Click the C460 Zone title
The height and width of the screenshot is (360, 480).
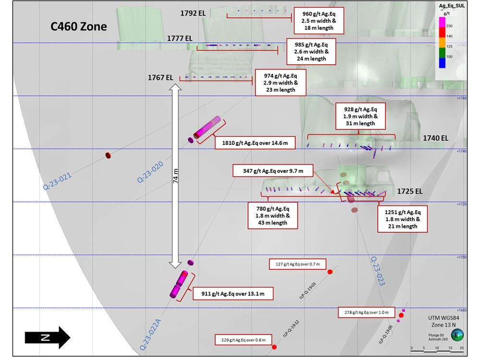click(79, 27)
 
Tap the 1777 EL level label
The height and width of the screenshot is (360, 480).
click(180, 38)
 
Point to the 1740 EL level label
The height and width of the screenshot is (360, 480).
click(435, 138)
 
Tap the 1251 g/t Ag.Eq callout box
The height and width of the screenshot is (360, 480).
click(402, 219)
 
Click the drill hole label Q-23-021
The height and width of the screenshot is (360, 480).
click(57, 180)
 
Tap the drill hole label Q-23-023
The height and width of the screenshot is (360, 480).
click(377, 271)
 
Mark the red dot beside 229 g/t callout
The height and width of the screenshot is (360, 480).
click(274, 347)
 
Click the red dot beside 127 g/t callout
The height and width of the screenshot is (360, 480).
click(330, 272)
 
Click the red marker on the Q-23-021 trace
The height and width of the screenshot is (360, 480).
click(108, 155)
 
